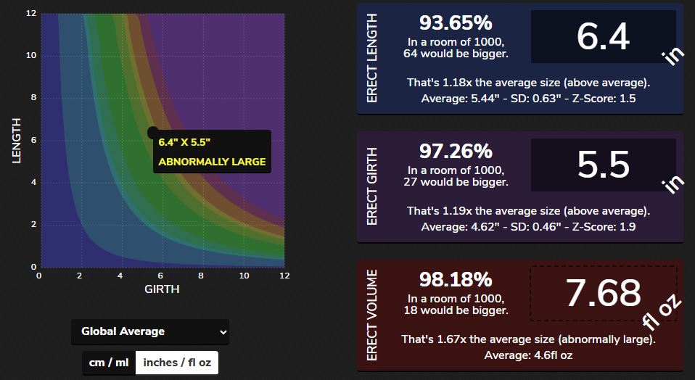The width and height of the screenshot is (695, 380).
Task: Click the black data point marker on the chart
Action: [x=152, y=133]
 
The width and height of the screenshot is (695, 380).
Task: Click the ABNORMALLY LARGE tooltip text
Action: [x=212, y=162]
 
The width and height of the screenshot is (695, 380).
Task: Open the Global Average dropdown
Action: [x=150, y=331]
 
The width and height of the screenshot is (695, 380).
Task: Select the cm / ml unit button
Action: [x=109, y=362]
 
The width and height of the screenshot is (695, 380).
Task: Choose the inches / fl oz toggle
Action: [x=177, y=362]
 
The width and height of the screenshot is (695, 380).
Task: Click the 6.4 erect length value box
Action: [x=603, y=36]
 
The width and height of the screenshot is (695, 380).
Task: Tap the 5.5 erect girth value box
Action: [x=603, y=165]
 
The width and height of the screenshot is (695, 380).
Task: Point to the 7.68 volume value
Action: [x=603, y=293]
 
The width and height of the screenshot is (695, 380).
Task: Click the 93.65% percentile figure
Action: [x=456, y=22]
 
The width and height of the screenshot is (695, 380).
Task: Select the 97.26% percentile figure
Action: [x=456, y=151]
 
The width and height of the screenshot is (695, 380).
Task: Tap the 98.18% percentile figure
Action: [x=456, y=279]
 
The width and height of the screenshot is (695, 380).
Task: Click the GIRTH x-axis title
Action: [x=162, y=289]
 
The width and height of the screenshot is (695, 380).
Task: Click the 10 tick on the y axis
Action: [x=31, y=56]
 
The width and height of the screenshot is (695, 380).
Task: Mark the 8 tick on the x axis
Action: [x=202, y=276]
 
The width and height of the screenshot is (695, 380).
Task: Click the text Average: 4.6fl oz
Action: [x=528, y=355]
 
